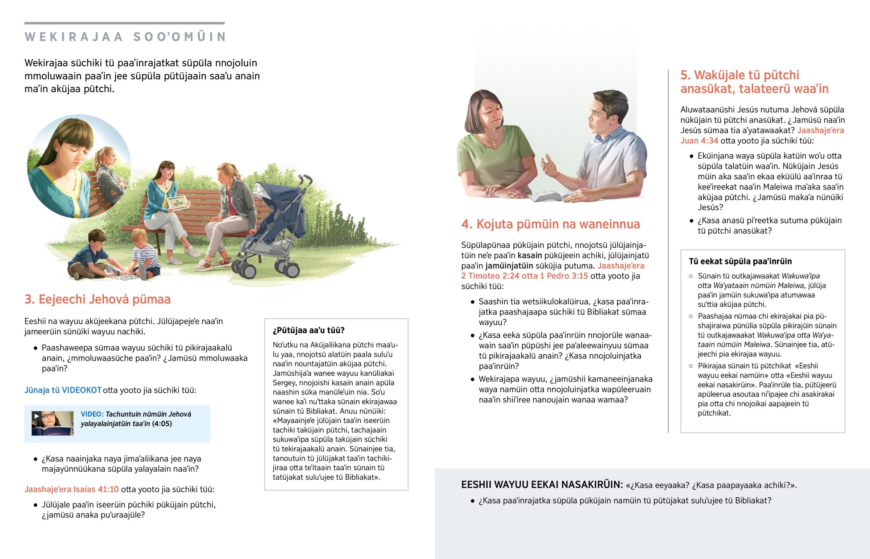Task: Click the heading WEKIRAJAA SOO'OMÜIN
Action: pyautogui.click(x=126, y=37)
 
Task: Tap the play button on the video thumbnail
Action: pyautogui.click(x=36, y=416)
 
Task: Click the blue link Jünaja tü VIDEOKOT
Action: pyautogui.click(x=63, y=390)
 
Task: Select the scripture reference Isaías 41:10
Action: pyautogui.click(x=96, y=489)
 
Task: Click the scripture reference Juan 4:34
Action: pyautogui.click(x=699, y=141)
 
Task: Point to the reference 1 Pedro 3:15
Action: pyautogui.click(x=564, y=276)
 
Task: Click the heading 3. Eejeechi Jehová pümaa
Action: pyautogui.click(x=97, y=300)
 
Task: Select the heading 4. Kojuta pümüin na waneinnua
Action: pyautogui.click(x=551, y=224)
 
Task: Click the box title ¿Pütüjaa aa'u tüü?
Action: pyautogui.click(x=308, y=330)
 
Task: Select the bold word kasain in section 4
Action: pyautogui.click(x=529, y=255)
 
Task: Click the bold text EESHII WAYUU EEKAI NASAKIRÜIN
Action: pyautogui.click(x=542, y=485)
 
